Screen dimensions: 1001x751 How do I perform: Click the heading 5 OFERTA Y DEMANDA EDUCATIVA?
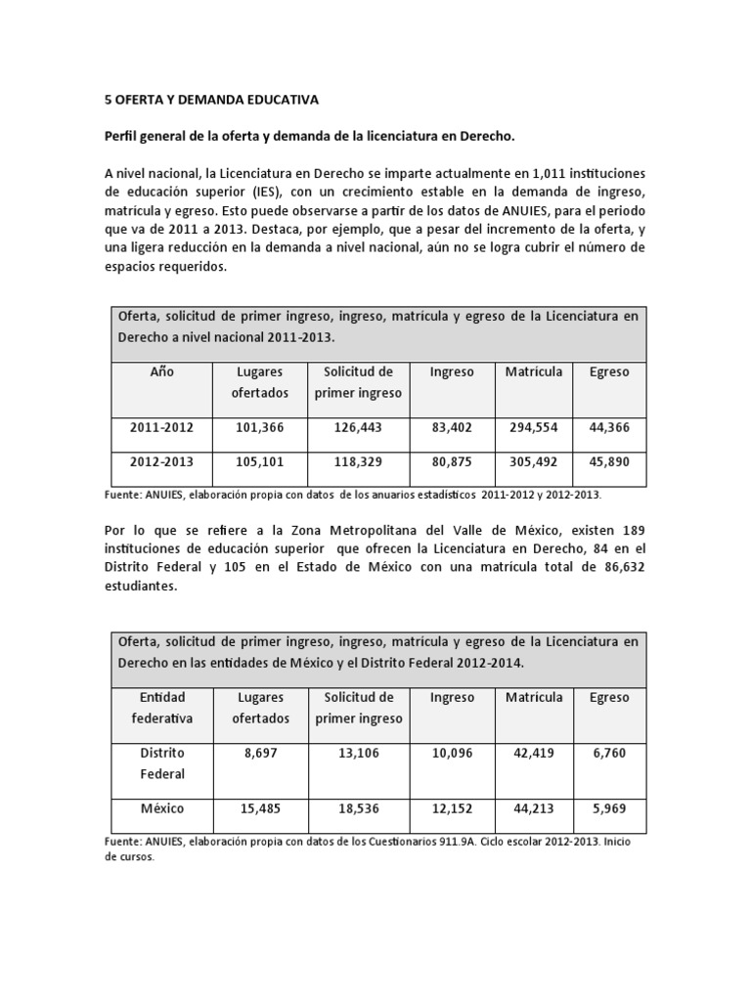pyautogui.click(x=211, y=100)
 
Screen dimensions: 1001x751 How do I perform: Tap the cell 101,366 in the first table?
pyautogui.click(x=260, y=426)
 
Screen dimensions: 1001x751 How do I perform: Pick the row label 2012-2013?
pyautogui.click(x=161, y=462)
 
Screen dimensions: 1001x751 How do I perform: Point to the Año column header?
pyautogui.click(x=161, y=372)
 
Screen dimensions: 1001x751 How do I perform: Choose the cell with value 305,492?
pyautogui.click(x=534, y=462)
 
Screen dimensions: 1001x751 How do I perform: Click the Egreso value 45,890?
pyautogui.click(x=609, y=462)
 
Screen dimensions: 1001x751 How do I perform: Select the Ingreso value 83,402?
pyautogui.click(x=452, y=426)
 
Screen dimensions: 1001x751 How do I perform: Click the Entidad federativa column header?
pyautogui.click(x=161, y=708)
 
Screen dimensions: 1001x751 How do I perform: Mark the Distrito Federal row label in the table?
pyautogui.click(x=161, y=763)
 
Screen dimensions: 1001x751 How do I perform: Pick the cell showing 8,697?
pyautogui.click(x=260, y=754)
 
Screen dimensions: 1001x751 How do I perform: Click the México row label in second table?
pyautogui.click(x=161, y=809)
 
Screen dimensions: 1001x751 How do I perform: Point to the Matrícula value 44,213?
pyautogui.click(x=534, y=809)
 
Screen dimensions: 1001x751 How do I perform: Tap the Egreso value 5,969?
pyautogui.click(x=609, y=809)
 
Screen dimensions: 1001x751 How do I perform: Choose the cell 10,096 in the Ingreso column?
pyautogui.click(x=452, y=754)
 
